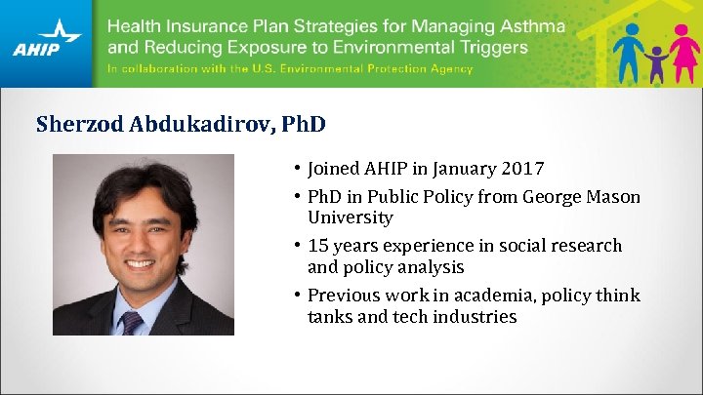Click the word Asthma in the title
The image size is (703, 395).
tap(531, 26)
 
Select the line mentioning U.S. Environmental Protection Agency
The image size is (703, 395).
tap(290, 69)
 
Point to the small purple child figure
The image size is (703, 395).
tap(656, 64)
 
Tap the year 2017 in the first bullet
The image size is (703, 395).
tap(522, 168)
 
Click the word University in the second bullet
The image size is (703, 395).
tap(350, 217)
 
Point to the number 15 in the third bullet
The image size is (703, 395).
tap(317, 246)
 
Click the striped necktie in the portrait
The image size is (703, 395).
tap(130, 323)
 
